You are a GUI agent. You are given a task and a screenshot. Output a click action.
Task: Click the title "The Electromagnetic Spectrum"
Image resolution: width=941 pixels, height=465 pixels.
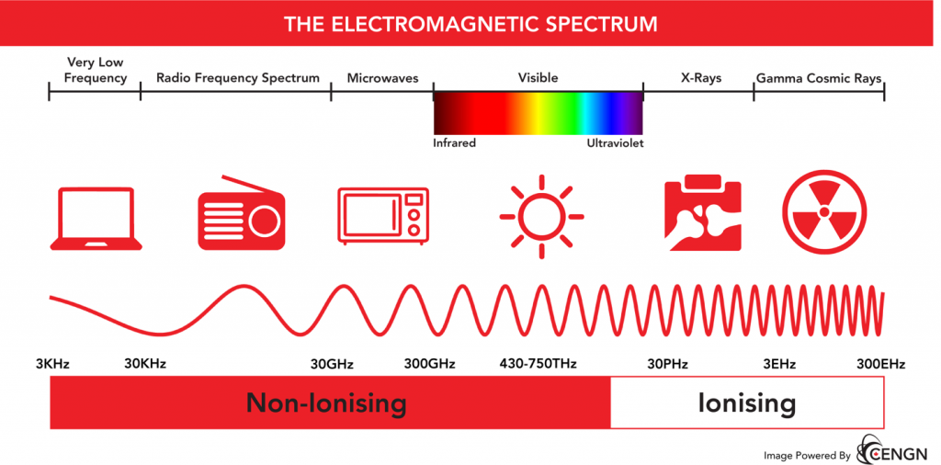[470, 24]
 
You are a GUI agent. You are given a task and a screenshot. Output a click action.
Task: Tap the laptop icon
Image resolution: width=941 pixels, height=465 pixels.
[96, 219]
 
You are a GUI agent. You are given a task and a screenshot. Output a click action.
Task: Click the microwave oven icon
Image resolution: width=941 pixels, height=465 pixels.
[383, 216]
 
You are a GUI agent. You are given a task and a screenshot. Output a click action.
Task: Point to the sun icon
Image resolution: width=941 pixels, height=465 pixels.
[541, 217]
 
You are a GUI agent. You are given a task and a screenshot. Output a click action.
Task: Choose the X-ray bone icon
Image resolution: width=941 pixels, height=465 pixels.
[704, 212]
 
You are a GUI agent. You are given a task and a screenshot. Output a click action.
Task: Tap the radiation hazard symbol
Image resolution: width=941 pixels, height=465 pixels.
[824, 212]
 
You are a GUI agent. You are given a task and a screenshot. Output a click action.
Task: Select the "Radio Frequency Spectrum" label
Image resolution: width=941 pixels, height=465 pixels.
[238, 79]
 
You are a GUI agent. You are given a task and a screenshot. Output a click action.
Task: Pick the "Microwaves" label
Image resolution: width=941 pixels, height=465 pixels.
[381, 79]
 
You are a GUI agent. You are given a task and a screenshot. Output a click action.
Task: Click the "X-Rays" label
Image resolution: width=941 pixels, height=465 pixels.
[701, 78]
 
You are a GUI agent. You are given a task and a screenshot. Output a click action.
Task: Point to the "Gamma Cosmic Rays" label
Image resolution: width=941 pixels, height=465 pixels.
[819, 79]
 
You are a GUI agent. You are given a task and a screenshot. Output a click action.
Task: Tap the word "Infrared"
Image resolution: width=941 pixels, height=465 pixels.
[454, 143]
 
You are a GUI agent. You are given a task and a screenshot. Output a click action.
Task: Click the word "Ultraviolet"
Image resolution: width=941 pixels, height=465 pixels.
[615, 143]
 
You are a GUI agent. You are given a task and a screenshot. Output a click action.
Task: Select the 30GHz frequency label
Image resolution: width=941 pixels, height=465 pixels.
[332, 364]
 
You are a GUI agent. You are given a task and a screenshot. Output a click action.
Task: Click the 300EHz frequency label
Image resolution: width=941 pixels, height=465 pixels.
[879, 364]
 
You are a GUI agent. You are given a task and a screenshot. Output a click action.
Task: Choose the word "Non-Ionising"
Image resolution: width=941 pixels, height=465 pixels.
[326, 403]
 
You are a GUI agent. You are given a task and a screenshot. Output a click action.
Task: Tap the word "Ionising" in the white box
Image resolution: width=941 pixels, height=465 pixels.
[746, 403]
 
